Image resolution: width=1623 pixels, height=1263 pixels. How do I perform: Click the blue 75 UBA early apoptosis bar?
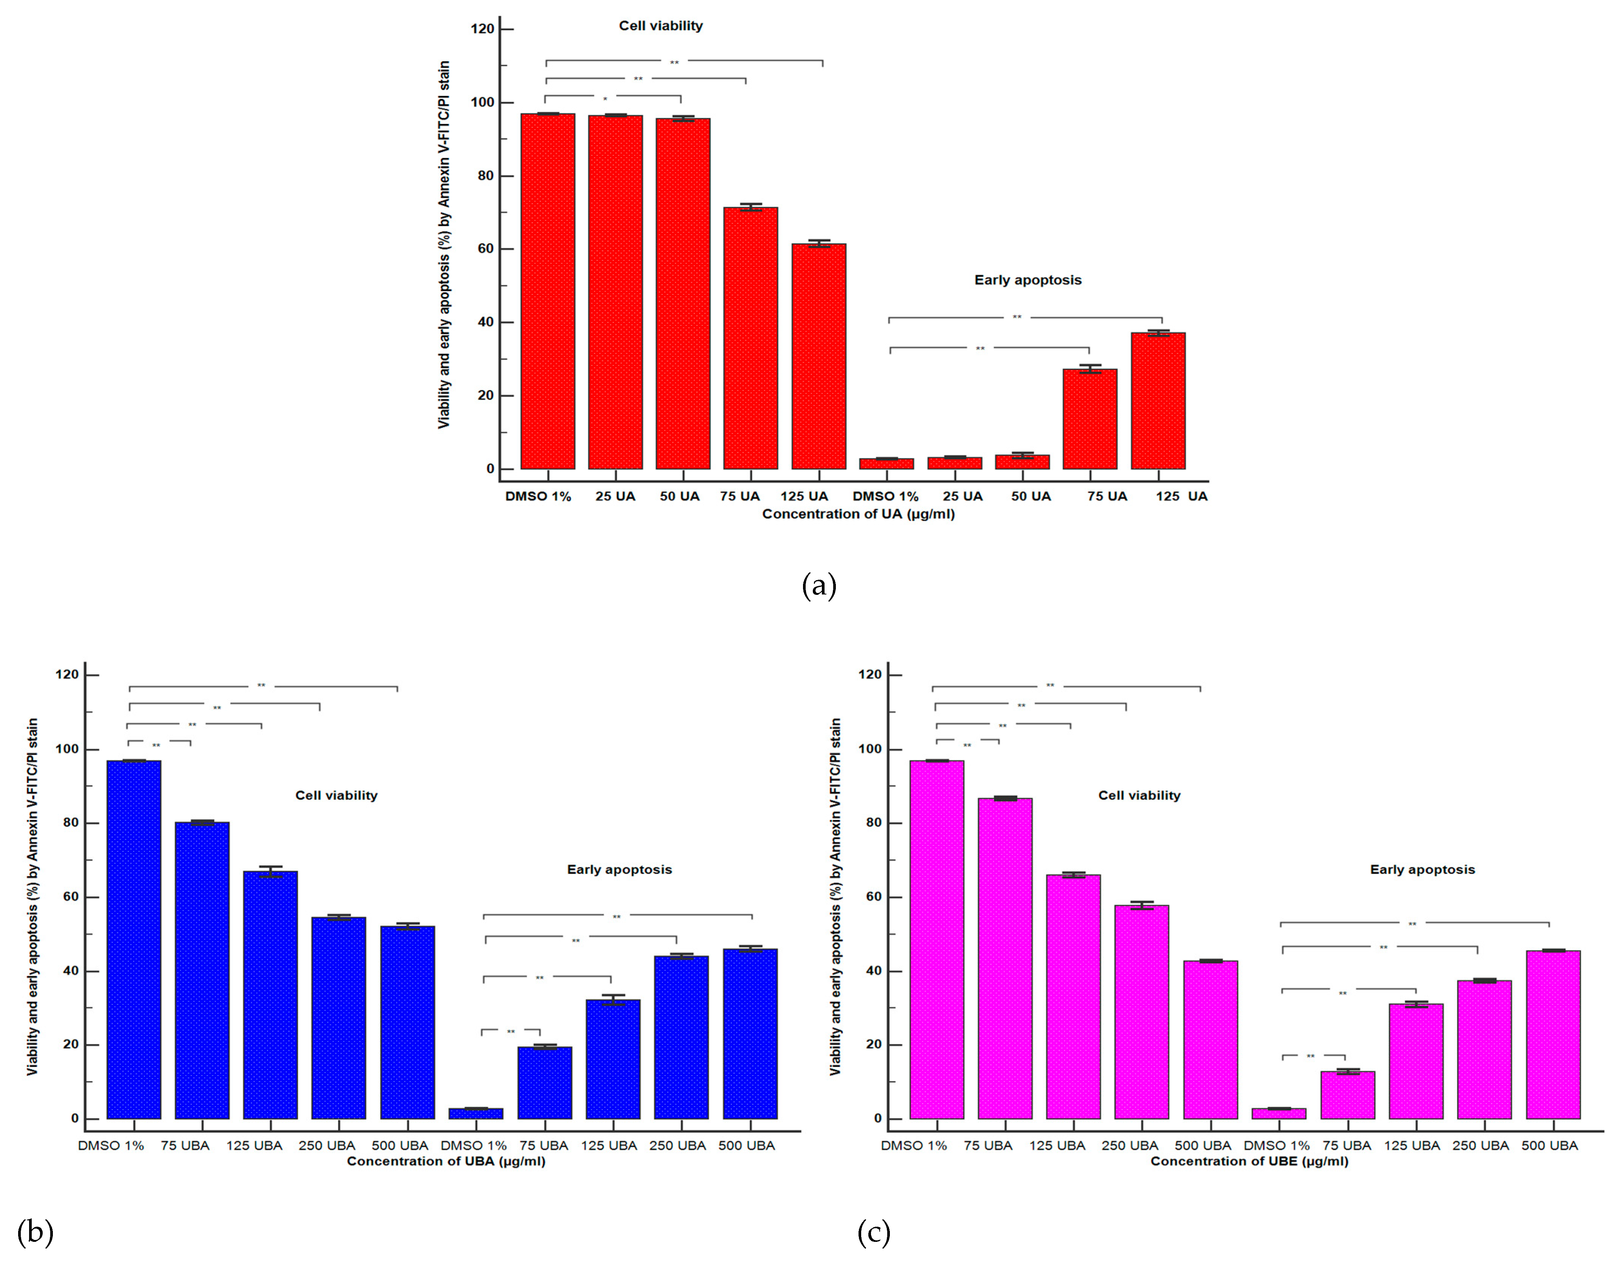[x=545, y=1082]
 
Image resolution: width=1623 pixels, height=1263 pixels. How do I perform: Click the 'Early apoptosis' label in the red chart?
[x=1028, y=280]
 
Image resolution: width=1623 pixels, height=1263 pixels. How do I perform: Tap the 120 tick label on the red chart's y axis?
[x=482, y=29]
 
